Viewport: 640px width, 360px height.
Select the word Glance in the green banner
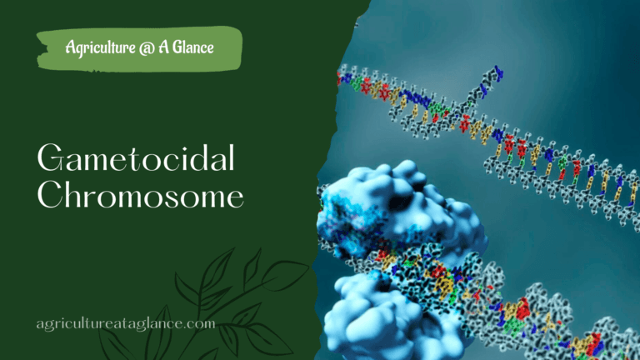192,47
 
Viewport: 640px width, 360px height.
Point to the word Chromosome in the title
141,196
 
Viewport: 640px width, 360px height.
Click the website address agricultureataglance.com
126,322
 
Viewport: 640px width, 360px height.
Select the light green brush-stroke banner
139,47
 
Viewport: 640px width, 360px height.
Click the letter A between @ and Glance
168,47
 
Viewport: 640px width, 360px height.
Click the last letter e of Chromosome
236,197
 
